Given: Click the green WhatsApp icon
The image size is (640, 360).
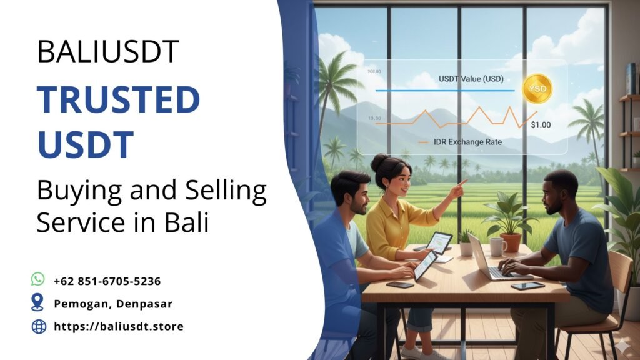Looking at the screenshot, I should tap(38, 279).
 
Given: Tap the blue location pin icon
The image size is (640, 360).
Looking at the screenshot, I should tap(38, 303).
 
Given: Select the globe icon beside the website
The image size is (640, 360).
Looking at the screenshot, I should tap(39, 326).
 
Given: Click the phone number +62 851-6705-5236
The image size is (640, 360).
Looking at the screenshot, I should tap(107, 281).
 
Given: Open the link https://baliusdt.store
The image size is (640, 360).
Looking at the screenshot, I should tap(119, 326).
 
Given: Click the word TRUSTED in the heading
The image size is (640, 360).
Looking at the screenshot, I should tap(118, 99).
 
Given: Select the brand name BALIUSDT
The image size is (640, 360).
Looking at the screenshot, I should tap(108, 52).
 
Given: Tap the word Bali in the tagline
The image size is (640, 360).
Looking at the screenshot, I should tap(187, 223).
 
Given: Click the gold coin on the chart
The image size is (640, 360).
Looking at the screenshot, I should tap(537, 89).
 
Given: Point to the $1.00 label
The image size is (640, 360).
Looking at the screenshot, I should tap(541, 124).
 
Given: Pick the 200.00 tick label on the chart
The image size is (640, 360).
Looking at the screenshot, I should tap(374, 72).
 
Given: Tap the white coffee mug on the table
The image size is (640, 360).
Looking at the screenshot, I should tap(497, 247).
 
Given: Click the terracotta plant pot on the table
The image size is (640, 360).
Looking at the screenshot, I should tap(511, 242).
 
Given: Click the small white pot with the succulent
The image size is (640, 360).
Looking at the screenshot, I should tap(466, 248).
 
